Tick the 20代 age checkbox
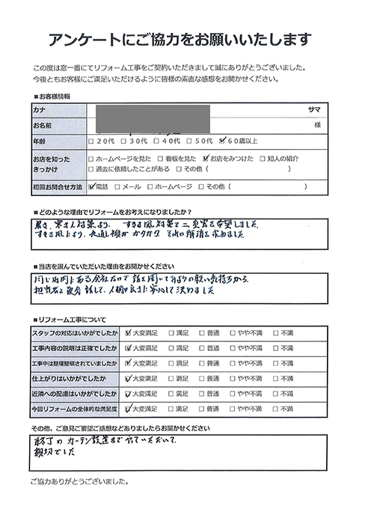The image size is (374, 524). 91,140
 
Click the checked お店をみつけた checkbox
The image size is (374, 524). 205,159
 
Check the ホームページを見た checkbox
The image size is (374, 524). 91,159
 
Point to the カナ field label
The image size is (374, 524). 39,109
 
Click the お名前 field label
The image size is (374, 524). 42,124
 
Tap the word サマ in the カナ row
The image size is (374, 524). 314,109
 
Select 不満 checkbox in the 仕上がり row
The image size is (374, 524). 275,379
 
